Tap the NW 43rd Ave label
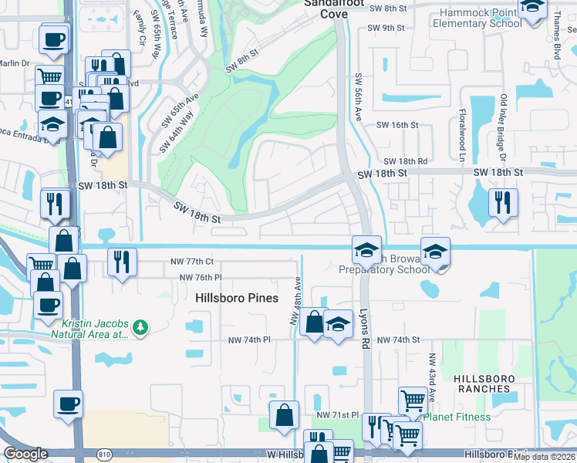click(432, 378)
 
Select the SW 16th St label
click(396, 124)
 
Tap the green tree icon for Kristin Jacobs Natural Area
click(140, 328)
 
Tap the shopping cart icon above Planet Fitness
click(413, 400)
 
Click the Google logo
click(26, 454)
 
